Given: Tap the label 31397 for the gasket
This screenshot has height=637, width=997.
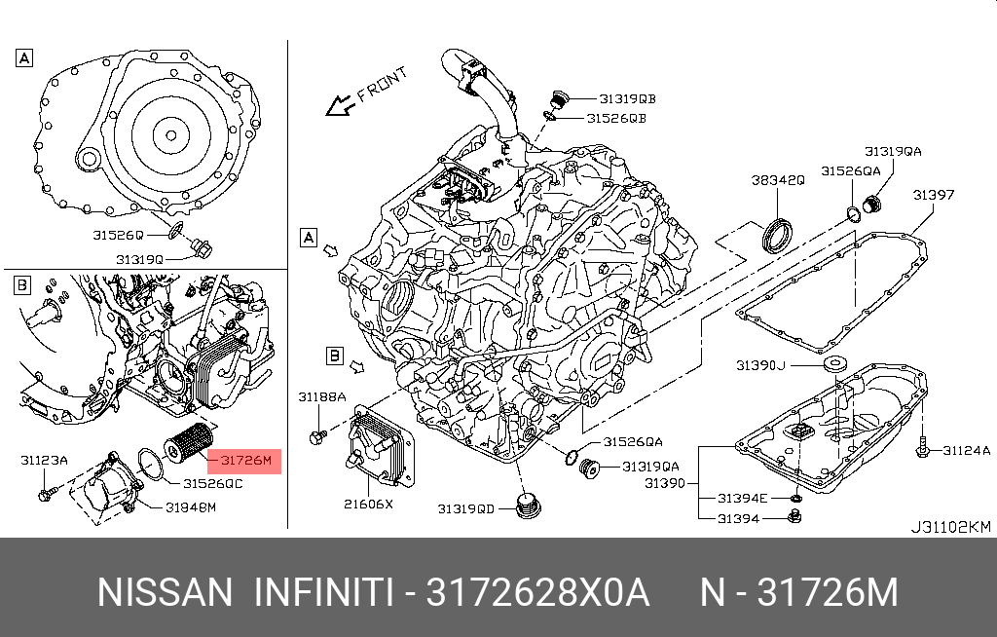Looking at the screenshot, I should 933,195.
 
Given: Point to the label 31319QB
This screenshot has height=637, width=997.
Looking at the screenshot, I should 627,98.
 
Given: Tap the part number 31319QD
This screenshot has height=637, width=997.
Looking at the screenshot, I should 465,508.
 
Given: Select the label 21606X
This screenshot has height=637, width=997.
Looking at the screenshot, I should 368,505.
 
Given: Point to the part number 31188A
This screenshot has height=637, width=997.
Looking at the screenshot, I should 322,396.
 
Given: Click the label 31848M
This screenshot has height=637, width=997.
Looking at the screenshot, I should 190,506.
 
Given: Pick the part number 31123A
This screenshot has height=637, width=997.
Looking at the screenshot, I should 43,459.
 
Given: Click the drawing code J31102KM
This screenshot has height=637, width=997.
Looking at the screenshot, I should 949,527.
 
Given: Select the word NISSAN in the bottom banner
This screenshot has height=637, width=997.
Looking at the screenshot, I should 166,592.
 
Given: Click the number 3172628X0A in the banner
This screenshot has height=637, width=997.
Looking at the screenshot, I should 539,592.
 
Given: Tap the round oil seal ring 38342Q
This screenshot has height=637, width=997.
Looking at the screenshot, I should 777,236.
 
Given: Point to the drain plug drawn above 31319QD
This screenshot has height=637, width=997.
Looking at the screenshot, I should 531,506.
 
